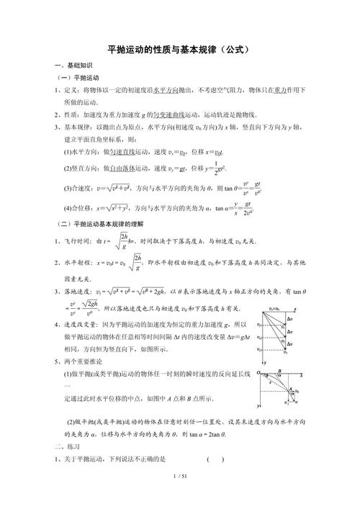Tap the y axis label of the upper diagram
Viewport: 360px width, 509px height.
tap(266, 362)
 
